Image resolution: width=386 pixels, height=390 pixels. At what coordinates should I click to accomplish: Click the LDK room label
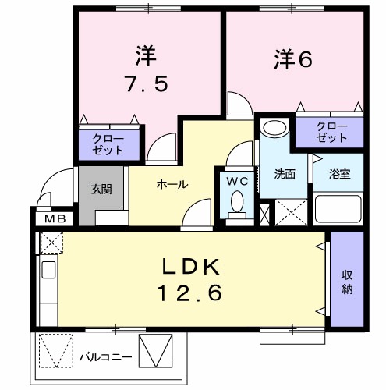[192, 267]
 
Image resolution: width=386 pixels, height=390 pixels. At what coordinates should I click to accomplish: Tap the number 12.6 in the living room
[192, 294]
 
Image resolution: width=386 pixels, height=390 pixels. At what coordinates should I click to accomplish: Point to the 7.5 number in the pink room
[146, 83]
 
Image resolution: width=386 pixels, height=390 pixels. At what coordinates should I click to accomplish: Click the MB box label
[54, 218]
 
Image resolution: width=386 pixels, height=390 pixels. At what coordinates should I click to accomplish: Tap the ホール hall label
[172, 185]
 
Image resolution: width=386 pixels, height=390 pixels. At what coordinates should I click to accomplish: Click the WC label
[237, 181]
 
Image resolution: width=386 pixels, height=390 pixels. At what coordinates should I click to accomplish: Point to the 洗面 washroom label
[285, 174]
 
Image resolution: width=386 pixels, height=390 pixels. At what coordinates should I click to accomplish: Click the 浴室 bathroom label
[339, 174]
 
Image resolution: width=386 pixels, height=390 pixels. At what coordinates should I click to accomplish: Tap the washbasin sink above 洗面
[274, 129]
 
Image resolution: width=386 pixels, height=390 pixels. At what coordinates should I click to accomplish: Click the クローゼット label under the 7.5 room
[108, 144]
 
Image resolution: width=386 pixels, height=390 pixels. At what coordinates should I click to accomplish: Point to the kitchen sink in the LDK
[46, 273]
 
